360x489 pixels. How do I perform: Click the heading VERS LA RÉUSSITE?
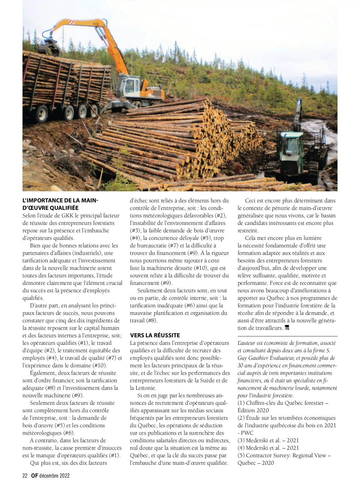pyautogui.click(x=155, y=335)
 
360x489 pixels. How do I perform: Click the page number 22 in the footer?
pyautogui.click(x=25, y=476)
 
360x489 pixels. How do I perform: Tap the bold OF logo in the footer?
pyautogui.click(x=34, y=476)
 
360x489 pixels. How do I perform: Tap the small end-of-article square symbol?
pyautogui.click(x=287, y=328)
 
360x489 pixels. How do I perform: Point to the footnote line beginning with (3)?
pyautogui.click(x=268, y=440)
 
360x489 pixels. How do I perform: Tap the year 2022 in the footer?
pyautogui.click(x=64, y=476)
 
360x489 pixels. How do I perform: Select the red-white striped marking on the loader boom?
pyautogui.click(x=72, y=22)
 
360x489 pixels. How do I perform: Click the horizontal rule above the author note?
pyautogui.click(x=287, y=336)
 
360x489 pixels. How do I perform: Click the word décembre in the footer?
pyautogui.click(x=49, y=476)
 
